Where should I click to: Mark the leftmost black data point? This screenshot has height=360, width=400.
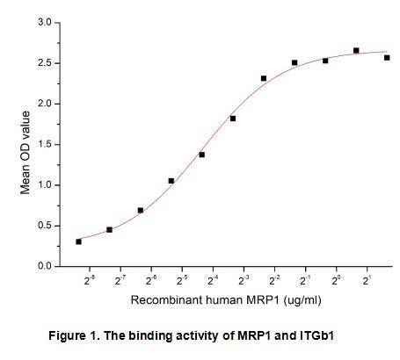tap(78, 241)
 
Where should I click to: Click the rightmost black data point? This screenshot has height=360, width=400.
tap(387, 58)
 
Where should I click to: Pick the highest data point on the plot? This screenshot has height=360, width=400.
tap(356, 51)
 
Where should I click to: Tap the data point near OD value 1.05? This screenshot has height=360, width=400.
tap(171, 181)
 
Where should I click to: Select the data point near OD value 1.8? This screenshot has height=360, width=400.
tap(233, 119)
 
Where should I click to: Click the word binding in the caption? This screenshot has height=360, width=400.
tap(169, 336)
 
